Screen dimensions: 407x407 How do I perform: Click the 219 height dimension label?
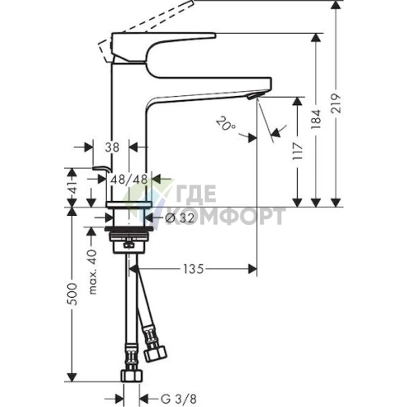pyautogui.click(x=336, y=103)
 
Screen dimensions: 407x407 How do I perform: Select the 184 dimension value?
pyautogui.click(x=316, y=120)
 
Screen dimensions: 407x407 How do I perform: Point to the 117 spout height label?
pyautogui.click(x=298, y=151)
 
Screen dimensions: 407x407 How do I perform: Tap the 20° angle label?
pyautogui.click(x=226, y=123)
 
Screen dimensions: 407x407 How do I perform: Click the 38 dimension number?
pyautogui.click(x=112, y=148)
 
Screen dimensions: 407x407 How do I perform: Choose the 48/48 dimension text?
pyautogui.click(x=129, y=180)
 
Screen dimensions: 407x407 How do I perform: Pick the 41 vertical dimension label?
pyautogui.click(x=71, y=187)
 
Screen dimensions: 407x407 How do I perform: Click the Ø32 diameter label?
pyautogui.click(x=180, y=218)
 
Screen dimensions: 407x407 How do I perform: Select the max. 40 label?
pyautogui.click(x=94, y=272)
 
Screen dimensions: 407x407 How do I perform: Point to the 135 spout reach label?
pyautogui.click(x=194, y=269)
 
